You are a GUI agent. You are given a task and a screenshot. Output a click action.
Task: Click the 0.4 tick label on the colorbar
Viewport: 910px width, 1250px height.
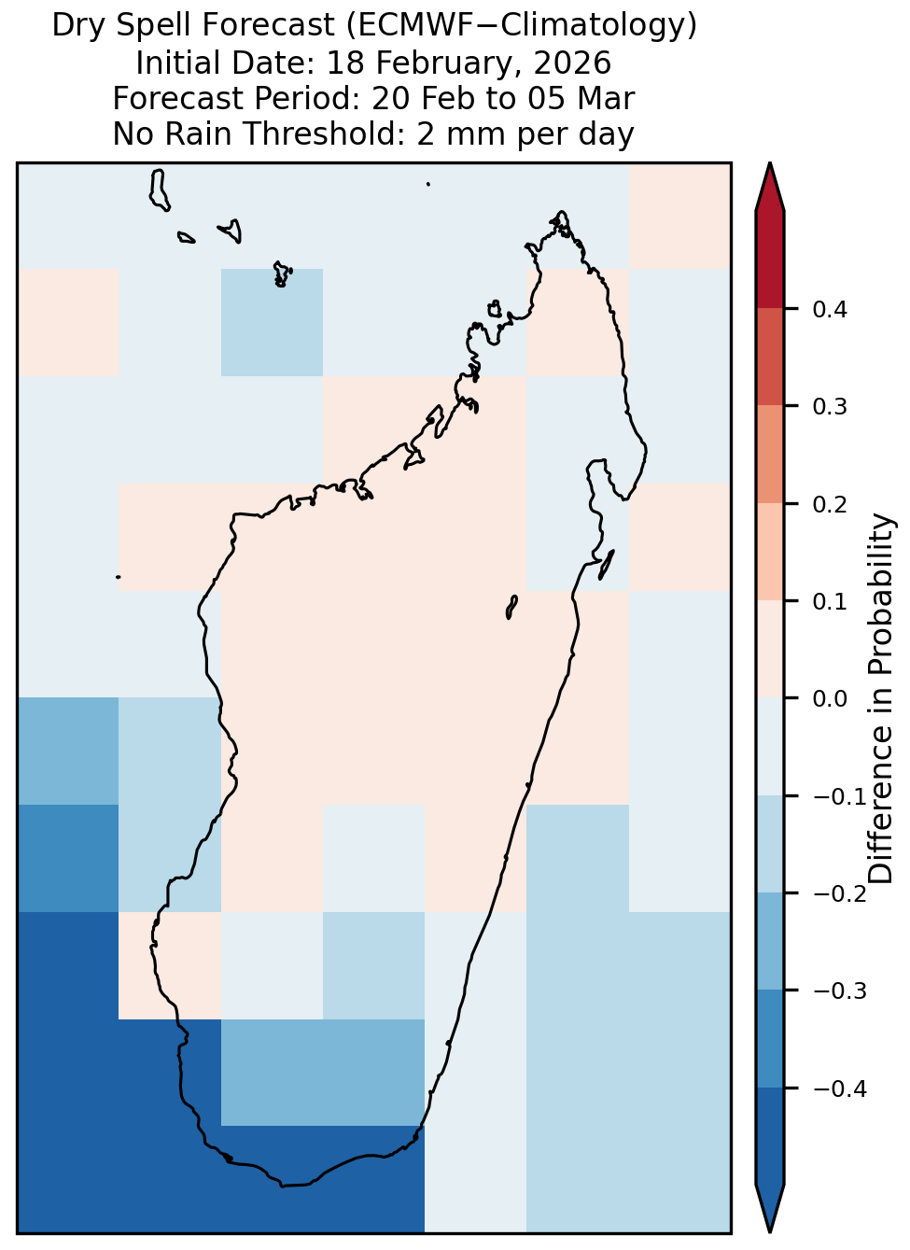pyautogui.click(x=830, y=309)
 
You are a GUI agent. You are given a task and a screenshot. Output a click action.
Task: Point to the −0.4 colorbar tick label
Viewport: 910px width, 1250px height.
pyautogui.click(x=840, y=1088)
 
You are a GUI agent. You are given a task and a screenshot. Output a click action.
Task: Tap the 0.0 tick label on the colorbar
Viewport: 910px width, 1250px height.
pyautogui.click(x=830, y=698)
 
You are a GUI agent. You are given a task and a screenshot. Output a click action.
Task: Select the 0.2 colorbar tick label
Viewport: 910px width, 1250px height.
pyautogui.click(x=830, y=504)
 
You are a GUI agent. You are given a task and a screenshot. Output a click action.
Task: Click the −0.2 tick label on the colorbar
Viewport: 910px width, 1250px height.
pyautogui.click(x=840, y=894)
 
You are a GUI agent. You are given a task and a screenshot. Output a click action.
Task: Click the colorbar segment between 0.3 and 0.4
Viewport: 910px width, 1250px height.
pyautogui.click(x=770, y=358)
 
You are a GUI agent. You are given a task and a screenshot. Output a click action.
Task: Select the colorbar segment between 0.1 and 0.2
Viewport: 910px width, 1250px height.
pyautogui.click(x=770, y=553)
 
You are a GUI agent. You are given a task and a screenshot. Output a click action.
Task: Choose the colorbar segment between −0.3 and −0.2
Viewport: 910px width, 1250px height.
pyautogui.click(x=770, y=942)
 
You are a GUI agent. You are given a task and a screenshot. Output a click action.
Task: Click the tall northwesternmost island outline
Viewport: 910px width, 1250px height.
pyautogui.click(x=159, y=190)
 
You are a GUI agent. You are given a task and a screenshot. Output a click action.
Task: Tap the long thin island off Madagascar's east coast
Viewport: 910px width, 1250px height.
pyautogui.click(x=607, y=564)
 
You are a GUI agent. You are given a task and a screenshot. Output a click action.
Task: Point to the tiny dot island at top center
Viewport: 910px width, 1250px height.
pyautogui.click(x=428, y=184)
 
